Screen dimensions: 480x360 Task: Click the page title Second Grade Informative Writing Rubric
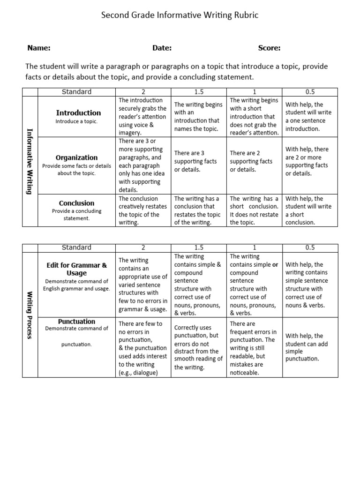(x=180, y=15)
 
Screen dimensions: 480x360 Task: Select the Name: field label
(x=38, y=48)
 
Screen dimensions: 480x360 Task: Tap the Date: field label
(x=162, y=48)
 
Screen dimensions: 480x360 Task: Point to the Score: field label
(x=269, y=48)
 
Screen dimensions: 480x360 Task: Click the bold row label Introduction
(x=78, y=113)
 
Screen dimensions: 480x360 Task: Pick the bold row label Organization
(x=76, y=158)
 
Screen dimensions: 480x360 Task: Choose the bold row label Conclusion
(x=76, y=203)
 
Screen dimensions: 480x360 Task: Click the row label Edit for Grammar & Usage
(x=76, y=269)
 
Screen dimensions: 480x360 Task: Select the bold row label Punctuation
(x=76, y=322)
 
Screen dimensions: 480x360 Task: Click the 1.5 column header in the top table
(x=199, y=92)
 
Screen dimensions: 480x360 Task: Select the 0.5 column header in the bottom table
(x=309, y=247)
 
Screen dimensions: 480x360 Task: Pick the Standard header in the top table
(x=76, y=92)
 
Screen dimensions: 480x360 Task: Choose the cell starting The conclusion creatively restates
(x=143, y=210)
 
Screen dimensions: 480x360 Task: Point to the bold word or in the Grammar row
(x=275, y=265)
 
